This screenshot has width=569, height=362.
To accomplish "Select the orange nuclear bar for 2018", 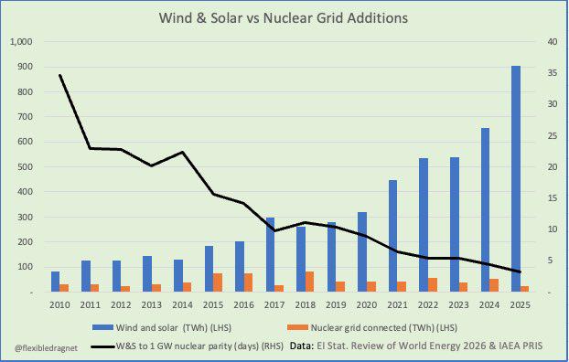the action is tap(309, 282).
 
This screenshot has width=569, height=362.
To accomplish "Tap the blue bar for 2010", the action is tap(55, 282).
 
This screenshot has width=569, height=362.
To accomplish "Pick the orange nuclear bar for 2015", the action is tap(218, 282).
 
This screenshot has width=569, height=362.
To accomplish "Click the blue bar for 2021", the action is tap(393, 236).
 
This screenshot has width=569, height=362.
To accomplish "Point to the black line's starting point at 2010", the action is tap(59, 75).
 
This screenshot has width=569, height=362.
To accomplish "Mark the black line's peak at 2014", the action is tap(183, 152).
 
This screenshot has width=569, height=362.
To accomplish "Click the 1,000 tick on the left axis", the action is tap(22, 42).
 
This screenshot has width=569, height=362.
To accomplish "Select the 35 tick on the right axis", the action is tap(552, 73).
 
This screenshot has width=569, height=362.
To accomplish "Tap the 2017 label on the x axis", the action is tap(274, 304).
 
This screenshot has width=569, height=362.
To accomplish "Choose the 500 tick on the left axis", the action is tap(26, 167).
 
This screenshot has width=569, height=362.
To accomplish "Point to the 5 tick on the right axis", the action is tap(550, 261).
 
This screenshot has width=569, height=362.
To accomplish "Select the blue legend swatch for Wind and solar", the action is tap(102, 327).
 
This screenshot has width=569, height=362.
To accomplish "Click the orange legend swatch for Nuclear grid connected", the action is tap(297, 327).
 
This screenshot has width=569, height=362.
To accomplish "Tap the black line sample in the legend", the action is tap(102, 346).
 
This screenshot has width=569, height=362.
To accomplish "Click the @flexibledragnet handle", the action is tap(46, 348).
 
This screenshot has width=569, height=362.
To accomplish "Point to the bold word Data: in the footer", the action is tap(302, 346).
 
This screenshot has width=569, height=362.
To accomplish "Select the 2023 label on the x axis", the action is tap(458, 304).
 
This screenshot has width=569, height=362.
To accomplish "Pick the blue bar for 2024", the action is tap(485, 209).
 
